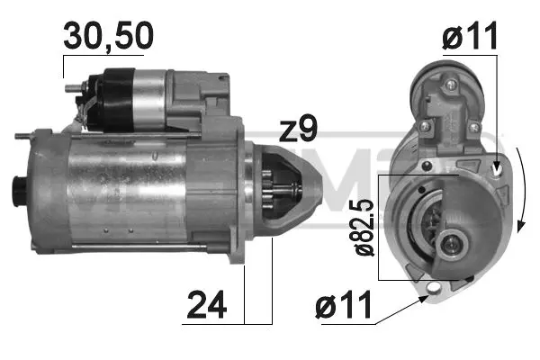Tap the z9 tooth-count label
pyautogui.click(x=297, y=130)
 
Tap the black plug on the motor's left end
pyautogui.click(x=17, y=192)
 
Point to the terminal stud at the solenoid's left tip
pyautogui.click(x=71, y=88)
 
